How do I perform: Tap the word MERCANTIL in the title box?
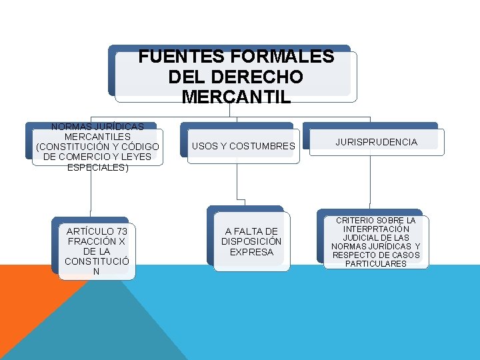click(x=236, y=97)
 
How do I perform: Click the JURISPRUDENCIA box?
click(x=377, y=142)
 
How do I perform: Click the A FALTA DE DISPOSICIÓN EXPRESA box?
click(x=251, y=241)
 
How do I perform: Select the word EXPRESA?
click(x=251, y=252)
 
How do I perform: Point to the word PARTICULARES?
click(x=375, y=263)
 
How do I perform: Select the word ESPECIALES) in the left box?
click(x=98, y=167)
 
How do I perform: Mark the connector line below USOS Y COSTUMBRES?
click(x=237, y=183)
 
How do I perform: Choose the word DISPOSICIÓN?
click(x=251, y=241)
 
